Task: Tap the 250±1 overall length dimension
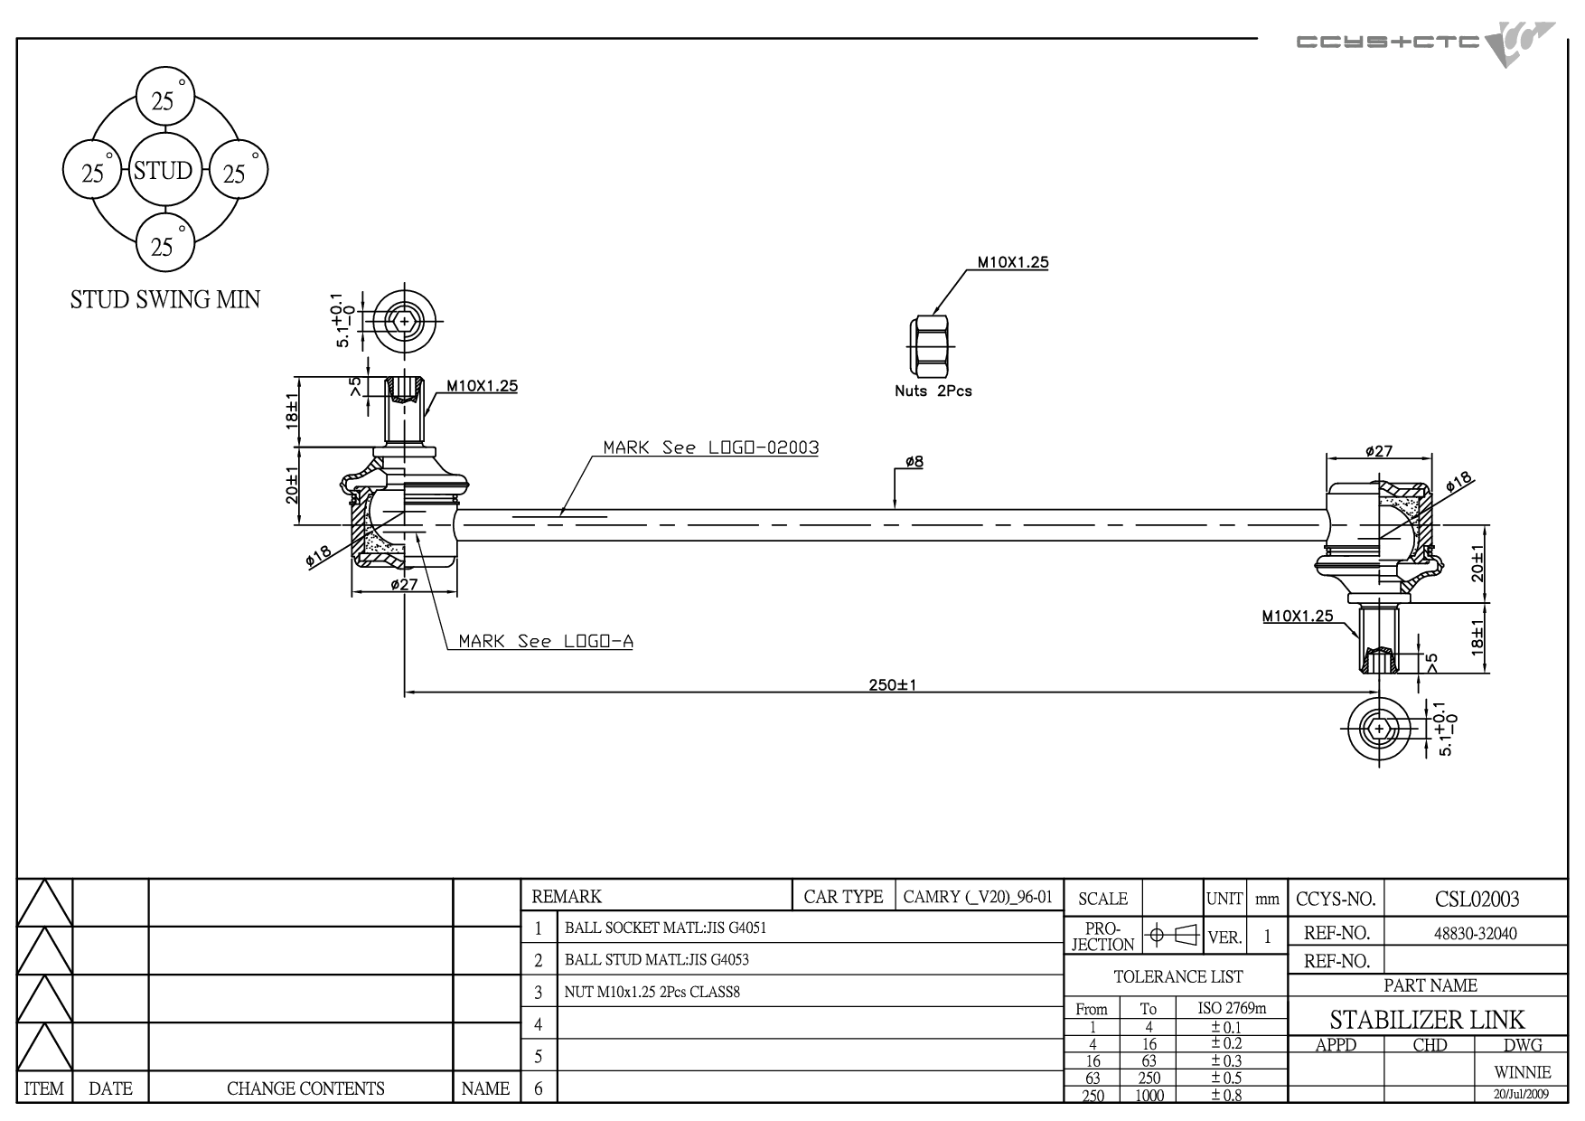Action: click(893, 685)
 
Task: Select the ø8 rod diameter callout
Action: click(914, 462)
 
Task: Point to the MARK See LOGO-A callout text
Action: click(546, 641)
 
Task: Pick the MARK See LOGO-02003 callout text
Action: click(711, 447)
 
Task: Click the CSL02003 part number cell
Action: click(1477, 900)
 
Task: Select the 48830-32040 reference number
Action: click(1476, 934)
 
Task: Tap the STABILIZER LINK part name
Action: click(1427, 1020)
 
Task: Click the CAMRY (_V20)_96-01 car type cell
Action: click(978, 897)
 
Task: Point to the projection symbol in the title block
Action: click(1171, 935)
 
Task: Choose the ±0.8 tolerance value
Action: click(1226, 1095)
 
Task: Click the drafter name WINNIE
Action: click(1523, 1072)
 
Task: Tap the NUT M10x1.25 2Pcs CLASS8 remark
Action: click(652, 992)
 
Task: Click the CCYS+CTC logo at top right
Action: click(1425, 43)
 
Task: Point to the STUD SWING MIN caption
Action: click(165, 299)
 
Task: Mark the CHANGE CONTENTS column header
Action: click(305, 1088)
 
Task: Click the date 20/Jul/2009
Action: click(1524, 1094)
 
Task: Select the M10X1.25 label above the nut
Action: click(1013, 262)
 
